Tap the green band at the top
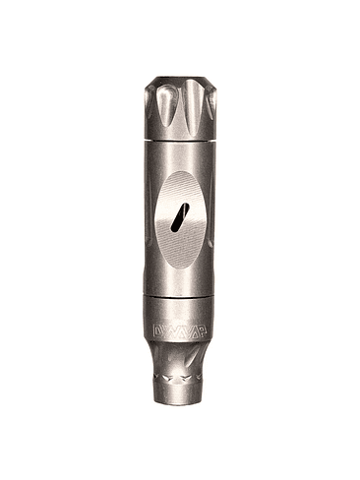[179, 30]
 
